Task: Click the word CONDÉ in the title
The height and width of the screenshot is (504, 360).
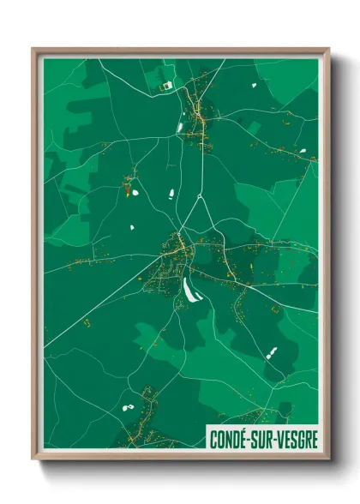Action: [x=230, y=439]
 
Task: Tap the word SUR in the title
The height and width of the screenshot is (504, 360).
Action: [x=263, y=439]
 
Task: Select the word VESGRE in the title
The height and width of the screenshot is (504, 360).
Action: [x=296, y=439]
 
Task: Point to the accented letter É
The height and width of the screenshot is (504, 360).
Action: [x=244, y=439]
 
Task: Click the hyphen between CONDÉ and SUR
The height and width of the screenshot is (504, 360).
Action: [x=251, y=440]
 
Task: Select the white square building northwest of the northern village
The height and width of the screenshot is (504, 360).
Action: [x=167, y=86]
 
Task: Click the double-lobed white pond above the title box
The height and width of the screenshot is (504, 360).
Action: [x=272, y=351]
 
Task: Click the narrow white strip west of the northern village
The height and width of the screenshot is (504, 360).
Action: [x=181, y=128]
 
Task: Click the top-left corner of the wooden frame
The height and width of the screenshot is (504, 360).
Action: [x=33, y=49]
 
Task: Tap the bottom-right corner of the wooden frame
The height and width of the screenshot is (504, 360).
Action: [x=328, y=459]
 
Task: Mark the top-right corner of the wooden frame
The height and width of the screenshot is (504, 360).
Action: [x=328, y=49]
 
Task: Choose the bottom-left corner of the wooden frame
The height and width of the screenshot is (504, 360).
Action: [x=33, y=459]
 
